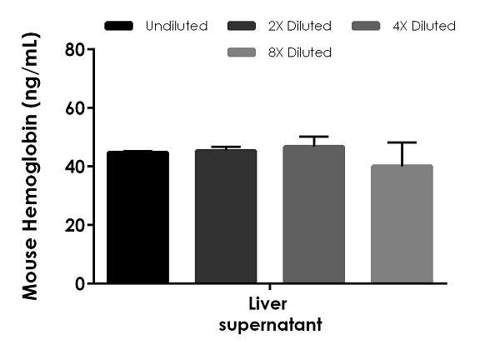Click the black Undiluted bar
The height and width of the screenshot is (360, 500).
[137, 217]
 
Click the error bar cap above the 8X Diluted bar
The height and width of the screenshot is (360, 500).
[402, 142]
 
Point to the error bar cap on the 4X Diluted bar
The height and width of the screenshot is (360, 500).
[313, 137]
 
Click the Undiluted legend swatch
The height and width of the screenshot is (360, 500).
[119, 26]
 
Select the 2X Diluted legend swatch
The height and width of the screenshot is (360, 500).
[242, 26]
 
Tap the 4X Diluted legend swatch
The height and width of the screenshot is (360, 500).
[365, 26]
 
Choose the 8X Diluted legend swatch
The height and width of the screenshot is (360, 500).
[242, 52]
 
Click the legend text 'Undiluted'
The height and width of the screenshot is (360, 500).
[176, 26]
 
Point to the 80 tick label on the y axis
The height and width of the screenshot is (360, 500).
[75, 49]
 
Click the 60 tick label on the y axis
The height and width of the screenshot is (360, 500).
[75, 108]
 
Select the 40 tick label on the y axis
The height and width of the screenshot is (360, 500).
[75, 167]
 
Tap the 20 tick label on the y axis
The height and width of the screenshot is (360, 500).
[75, 225]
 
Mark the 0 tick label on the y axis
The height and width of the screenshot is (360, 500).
[81, 283]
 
